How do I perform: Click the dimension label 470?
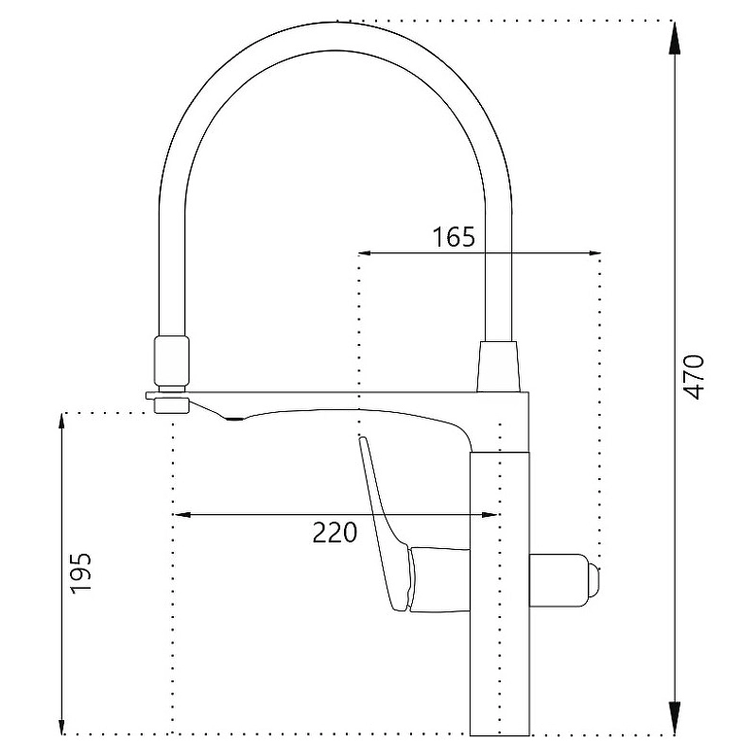[695, 377]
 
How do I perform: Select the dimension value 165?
[454, 237]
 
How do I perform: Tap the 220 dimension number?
[335, 532]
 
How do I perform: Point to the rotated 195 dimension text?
[80, 574]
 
